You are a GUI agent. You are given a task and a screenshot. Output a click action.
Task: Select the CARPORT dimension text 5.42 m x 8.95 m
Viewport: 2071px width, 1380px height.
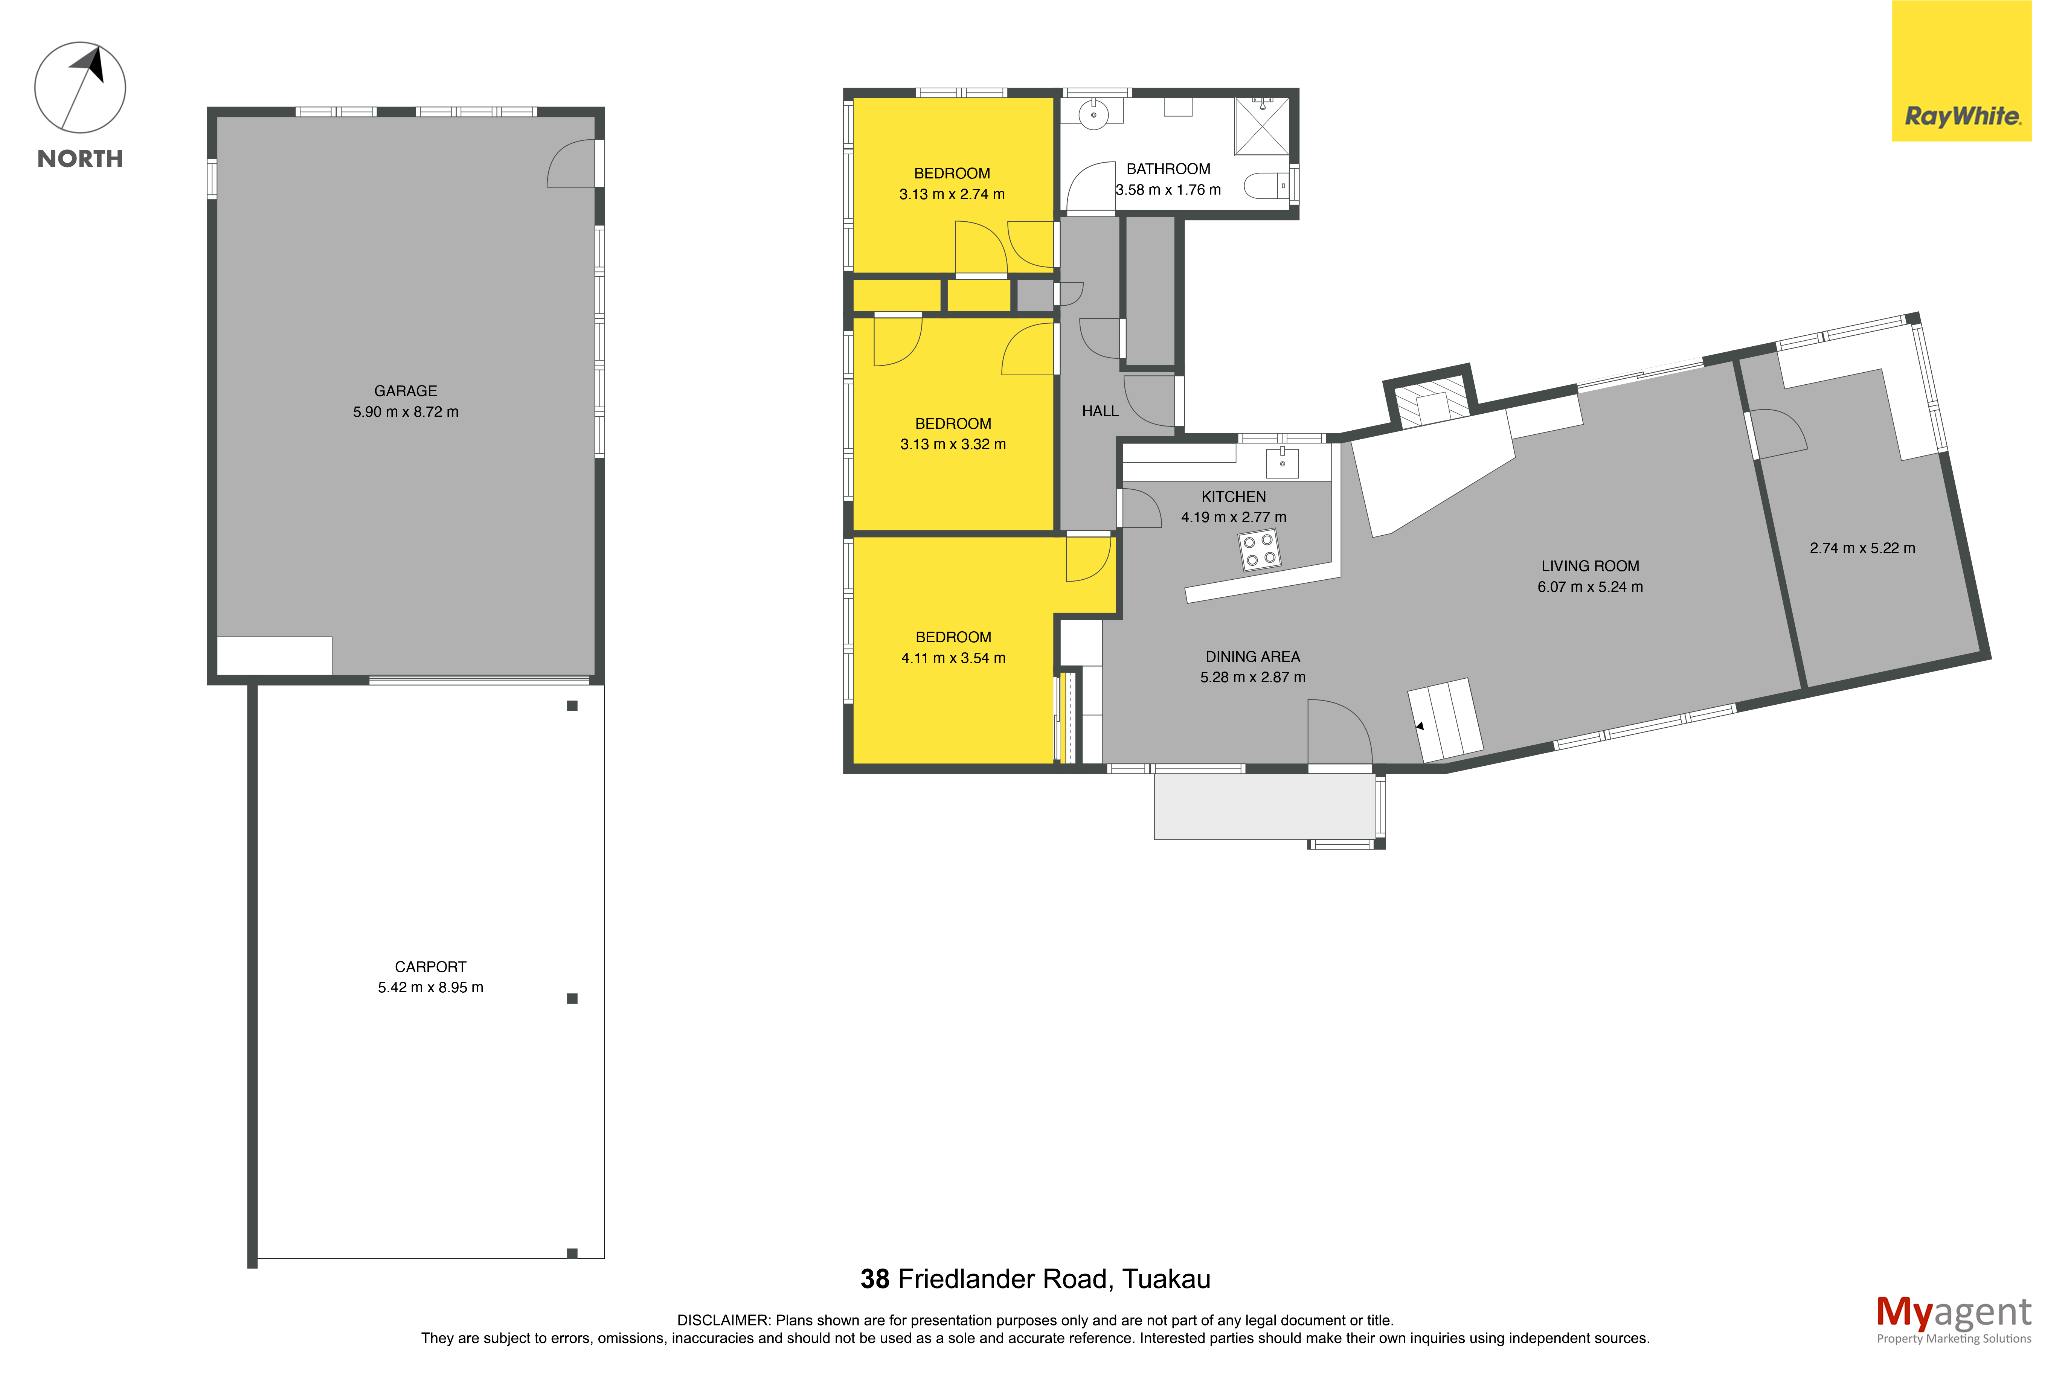pyautogui.click(x=430, y=987)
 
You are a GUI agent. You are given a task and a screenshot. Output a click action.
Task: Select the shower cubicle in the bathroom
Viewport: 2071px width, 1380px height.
pyautogui.click(x=1261, y=126)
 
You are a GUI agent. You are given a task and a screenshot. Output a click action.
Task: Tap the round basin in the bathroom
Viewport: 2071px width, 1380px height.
pyautogui.click(x=1093, y=114)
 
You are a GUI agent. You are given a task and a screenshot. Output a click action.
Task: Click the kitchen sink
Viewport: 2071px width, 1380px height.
pyautogui.click(x=1283, y=462)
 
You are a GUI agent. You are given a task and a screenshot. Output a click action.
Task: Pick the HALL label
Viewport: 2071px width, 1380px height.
pyautogui.click(x=1100, y=411)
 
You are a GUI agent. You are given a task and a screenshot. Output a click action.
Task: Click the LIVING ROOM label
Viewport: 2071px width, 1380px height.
pyautogui.click(x=1589, y=566)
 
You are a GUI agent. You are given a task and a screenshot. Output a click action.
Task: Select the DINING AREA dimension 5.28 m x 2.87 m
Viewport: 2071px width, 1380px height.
pyautogui.click(x=1252, y=677)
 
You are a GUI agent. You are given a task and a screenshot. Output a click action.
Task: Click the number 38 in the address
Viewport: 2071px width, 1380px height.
pyautogui.click(x=875, y=1279)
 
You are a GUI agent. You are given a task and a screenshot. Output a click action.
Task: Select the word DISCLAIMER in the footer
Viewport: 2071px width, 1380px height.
pyautogui.click(x=723, y=1320)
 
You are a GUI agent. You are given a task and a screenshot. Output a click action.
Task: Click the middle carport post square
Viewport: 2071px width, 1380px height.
pyautogui.click(x=572, y=998)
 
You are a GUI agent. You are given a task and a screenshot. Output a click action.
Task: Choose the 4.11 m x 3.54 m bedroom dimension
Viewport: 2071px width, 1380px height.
pyautogui.click(x=953, y=657)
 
